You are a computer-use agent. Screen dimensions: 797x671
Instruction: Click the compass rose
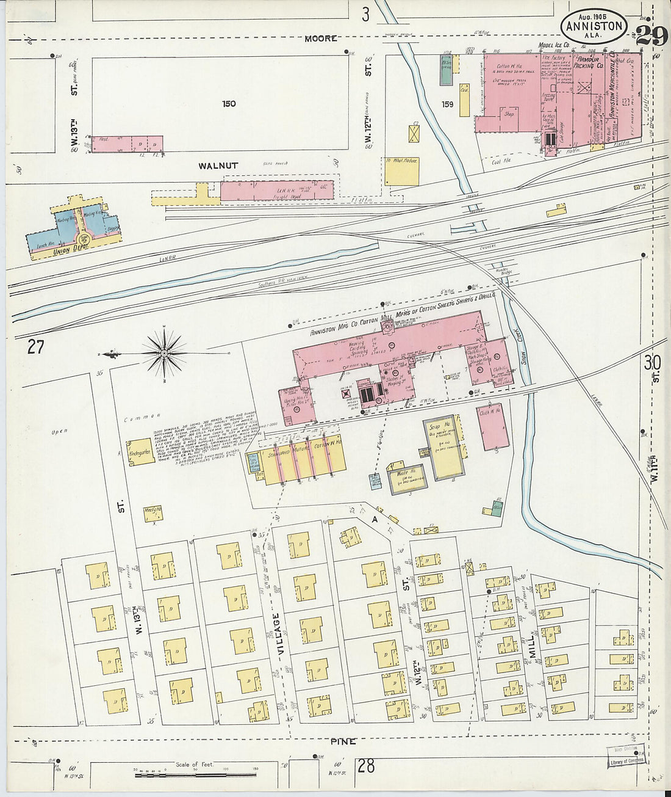point(163,353)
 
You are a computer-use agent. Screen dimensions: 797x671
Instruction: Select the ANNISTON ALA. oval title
point(594,26)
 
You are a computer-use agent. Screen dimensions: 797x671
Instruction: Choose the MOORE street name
point(321,38)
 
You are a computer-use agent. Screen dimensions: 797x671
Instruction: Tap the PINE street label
point(343,741)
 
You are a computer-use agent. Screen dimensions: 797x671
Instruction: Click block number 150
point(229,104)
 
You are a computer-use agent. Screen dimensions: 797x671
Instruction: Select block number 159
point(447,104)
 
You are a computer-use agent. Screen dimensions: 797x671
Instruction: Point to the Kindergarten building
point(141,452)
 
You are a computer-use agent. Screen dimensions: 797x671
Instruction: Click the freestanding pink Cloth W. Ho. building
point(493,426)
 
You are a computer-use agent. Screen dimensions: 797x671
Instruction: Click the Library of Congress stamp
point(625,756)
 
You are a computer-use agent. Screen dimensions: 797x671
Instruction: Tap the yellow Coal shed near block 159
point(464,100)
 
